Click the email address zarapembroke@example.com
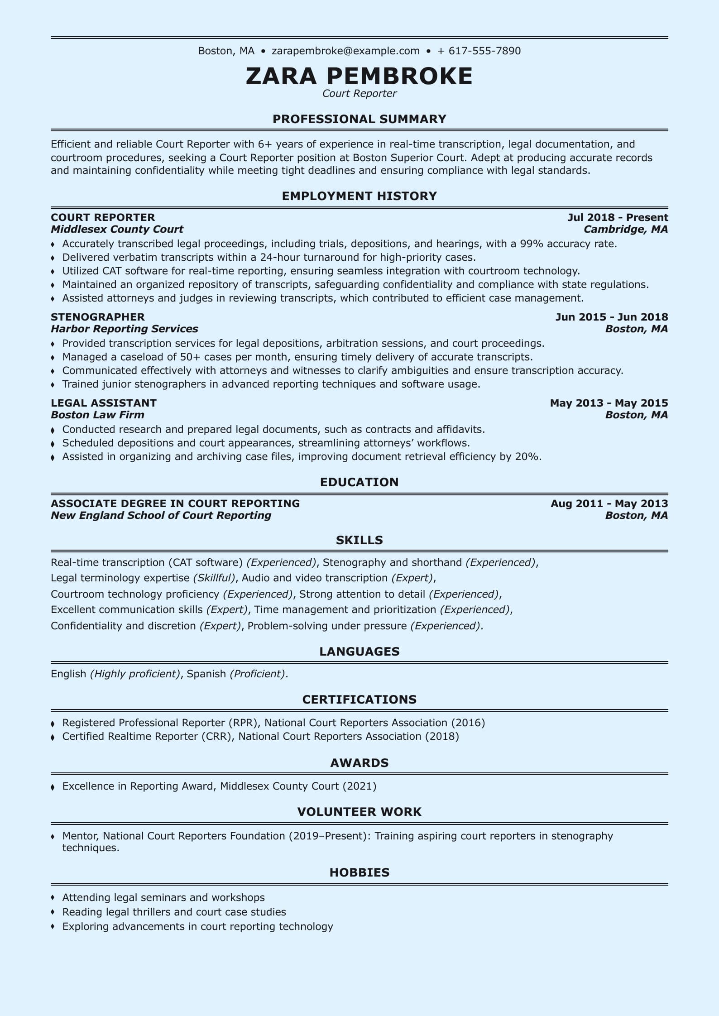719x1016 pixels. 345,51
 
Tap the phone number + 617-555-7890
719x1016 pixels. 479,51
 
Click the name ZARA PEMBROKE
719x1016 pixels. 359,76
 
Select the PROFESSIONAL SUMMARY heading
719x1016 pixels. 359,119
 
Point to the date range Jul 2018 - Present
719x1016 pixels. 618,217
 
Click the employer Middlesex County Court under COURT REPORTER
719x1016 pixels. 117,229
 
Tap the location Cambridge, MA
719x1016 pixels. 626,229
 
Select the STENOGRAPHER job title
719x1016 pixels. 98,317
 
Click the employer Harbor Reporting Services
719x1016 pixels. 124,329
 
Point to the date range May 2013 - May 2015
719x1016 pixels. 609,403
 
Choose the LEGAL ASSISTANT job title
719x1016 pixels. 104,403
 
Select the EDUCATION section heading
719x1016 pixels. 359,482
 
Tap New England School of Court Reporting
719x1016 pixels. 161,515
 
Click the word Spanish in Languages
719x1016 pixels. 206,674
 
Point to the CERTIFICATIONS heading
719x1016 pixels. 359,700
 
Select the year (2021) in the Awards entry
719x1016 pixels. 359,786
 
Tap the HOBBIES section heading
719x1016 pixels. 359,872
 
